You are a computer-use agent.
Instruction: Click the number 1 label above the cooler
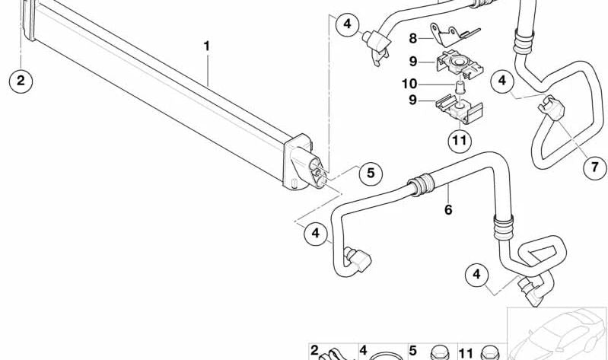(205, 46)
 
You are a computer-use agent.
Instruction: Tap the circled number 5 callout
(370, 174)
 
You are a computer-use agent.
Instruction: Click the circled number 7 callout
(594, 167)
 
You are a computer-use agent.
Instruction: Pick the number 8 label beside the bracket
(414, 38)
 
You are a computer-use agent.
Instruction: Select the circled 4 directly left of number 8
(347, 24)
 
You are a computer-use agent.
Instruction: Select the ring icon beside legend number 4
(382, 354)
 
